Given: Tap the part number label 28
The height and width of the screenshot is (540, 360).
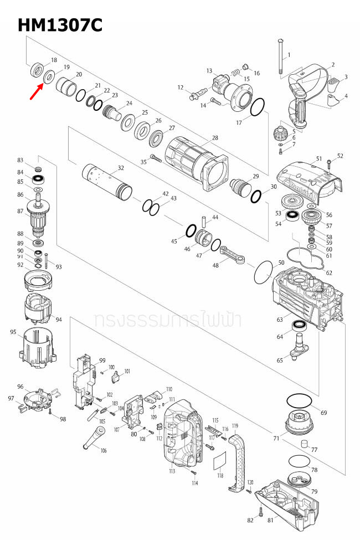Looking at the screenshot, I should [215, 137].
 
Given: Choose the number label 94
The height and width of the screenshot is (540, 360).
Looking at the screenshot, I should [59, 320].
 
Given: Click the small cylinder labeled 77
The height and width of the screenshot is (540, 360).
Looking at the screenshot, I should [304, 444].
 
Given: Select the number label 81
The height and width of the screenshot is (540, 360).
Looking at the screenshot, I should [270, 520].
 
